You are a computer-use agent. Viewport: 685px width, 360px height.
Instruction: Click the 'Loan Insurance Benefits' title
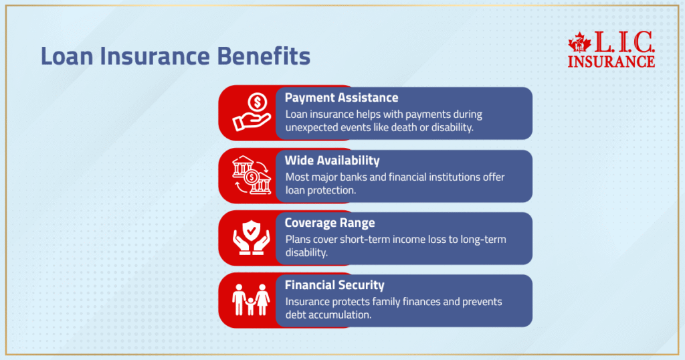click(175, 56)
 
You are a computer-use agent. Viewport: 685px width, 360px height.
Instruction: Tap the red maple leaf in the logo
click(579, 43)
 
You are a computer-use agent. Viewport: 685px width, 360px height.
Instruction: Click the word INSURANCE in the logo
click(611, 62)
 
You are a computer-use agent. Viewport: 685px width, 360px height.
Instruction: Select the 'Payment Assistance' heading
click(341, 98)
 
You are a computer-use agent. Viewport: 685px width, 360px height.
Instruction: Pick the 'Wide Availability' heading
click(332, 160)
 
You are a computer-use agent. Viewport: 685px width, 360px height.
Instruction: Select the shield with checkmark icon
click(251, 238)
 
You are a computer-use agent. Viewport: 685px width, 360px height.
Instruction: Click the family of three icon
click(251, 300)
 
